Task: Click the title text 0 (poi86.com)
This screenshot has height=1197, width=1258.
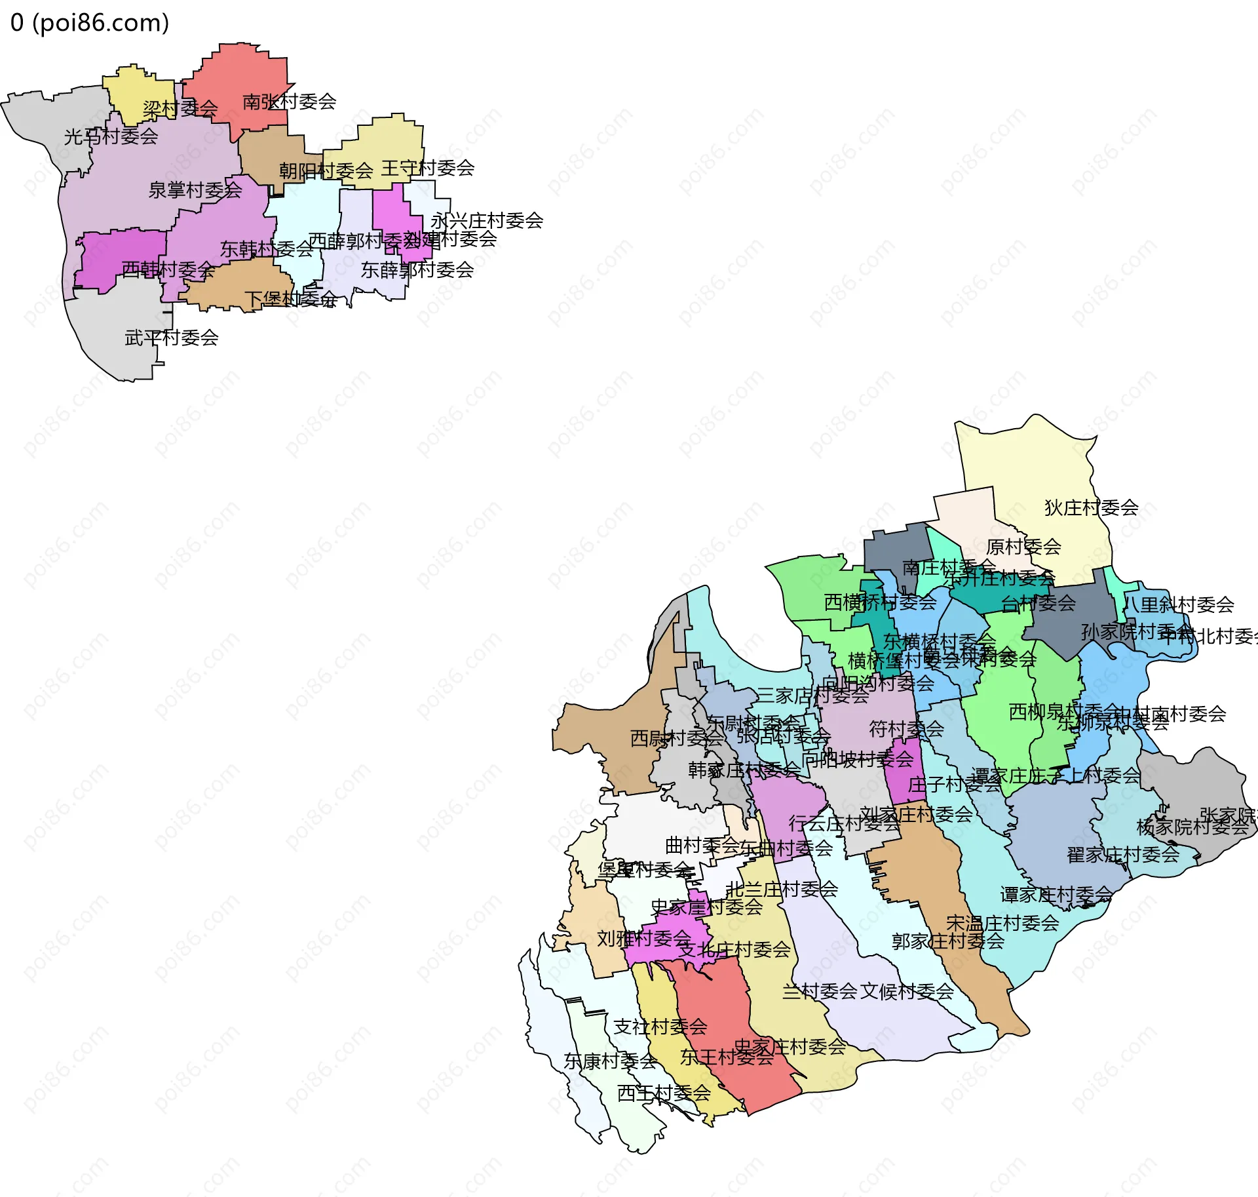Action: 90,23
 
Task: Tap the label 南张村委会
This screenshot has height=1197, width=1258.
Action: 289,102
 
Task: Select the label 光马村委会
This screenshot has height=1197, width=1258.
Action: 111,136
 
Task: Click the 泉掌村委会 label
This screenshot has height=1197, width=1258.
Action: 195,190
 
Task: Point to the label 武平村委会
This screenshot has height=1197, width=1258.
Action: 172,338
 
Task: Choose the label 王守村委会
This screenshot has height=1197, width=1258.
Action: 428,168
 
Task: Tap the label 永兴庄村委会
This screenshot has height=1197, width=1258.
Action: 487,221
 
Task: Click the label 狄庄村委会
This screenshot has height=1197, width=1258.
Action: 1091,507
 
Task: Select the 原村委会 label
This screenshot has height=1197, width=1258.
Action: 1023,547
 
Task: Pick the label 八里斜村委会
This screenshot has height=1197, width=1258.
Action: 1178,604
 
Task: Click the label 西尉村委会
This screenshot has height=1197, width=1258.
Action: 677,738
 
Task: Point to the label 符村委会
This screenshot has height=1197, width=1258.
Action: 906,728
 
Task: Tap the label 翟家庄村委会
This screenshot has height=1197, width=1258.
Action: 1123,855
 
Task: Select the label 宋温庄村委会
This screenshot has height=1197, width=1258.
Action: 1002,924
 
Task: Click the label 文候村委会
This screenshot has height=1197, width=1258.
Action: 907,992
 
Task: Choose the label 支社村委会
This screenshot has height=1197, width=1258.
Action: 660,1027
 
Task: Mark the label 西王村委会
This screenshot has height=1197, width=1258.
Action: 664,1093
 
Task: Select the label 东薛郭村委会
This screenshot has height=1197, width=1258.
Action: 417,269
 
